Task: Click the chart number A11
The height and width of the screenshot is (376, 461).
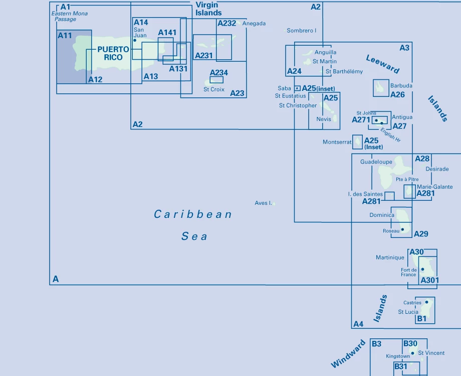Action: (65, 36)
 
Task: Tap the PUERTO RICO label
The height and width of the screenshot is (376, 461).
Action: (113, 53)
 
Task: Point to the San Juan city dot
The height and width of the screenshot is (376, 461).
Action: (135, 40)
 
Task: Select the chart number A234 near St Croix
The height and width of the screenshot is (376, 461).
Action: (218, 73)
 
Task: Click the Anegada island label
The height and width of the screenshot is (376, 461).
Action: (254, 24)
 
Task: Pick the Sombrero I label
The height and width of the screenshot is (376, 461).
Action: (301, 31)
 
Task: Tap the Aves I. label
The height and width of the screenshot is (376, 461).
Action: (263, 203)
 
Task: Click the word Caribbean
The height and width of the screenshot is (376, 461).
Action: (193, 214)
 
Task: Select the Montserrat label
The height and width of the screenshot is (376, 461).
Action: (337, 142)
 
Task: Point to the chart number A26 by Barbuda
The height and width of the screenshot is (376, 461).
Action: (397, 95)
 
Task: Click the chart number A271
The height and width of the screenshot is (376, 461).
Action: (361, 119)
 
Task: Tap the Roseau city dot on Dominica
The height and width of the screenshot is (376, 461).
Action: (402, 229)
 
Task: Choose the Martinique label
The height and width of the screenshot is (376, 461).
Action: (390, 258)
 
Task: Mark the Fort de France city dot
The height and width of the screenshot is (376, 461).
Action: (422, 269)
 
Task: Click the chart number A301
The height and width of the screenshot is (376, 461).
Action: (429, 280)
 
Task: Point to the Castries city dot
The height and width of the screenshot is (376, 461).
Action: (426, 302)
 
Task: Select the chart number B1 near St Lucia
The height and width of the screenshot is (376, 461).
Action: (421, 318)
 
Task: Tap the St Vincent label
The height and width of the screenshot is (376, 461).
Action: (431, 353)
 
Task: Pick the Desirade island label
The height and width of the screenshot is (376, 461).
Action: (437, 169)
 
